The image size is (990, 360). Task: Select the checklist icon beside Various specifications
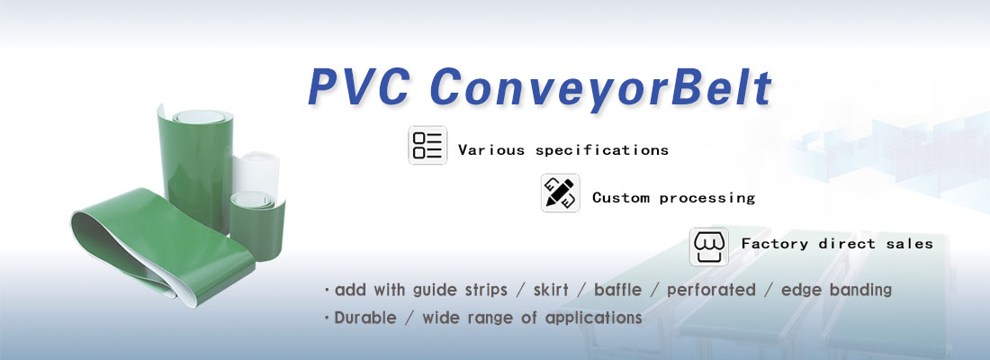[427, 145]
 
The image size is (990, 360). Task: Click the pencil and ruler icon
[560, 193]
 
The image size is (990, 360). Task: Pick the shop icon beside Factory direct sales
[709, 247]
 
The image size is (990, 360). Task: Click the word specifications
[602, 151]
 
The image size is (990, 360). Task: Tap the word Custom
[621, 198]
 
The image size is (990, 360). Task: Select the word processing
[707, 198]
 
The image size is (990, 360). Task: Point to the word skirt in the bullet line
[551, 290]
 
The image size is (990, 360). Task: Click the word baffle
[617, 290]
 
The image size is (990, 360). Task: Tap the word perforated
[711, 291]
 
